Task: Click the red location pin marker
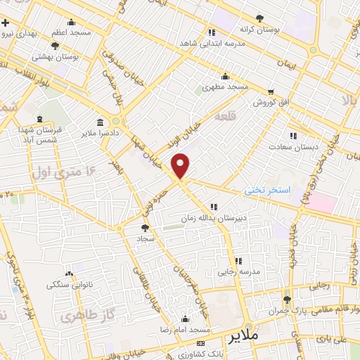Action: [181, 166]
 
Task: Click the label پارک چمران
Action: [285, 310]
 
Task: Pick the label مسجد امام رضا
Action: [186, 329]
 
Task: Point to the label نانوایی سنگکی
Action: [68, 284]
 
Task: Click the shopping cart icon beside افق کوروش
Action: [271, 92]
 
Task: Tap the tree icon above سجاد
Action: [145, 227]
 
